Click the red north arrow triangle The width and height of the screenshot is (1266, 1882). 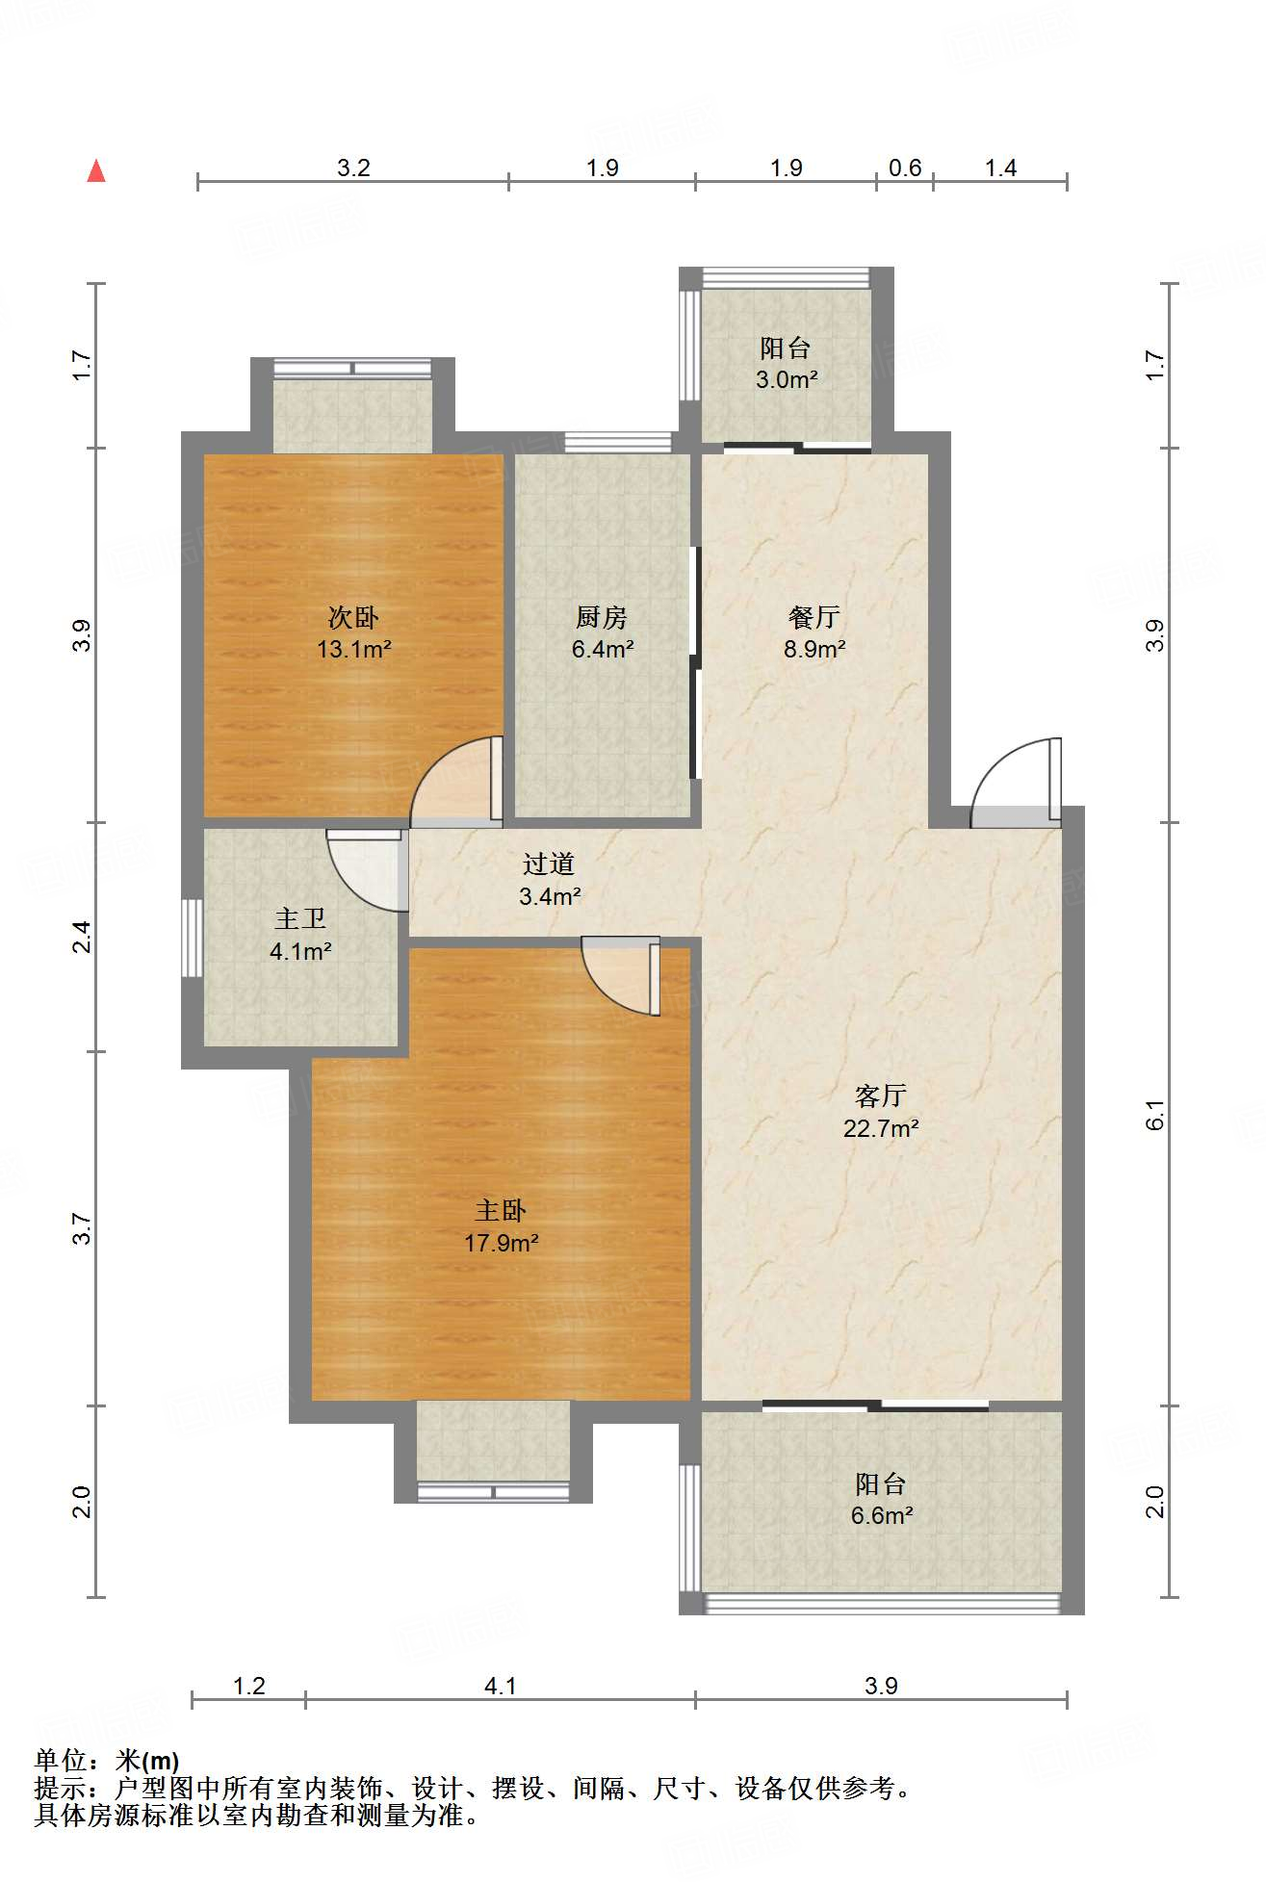click(x=96, y=170)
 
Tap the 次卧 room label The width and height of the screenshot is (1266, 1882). click(x=354, y=617)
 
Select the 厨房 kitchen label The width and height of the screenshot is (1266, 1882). click(x=602, y=617)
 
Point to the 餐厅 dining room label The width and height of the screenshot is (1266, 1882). click(x=814, y=617)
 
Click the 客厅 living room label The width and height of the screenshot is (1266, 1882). click(x=881, y=1096)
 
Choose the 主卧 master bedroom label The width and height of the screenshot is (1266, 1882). click(x=501, y=1210)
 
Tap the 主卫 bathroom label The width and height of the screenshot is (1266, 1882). click(x=300, y=919)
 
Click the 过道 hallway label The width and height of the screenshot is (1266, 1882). click(x=549, y=864)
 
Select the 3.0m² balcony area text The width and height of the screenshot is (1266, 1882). click(x=787, y=379)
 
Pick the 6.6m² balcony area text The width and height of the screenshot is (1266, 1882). click(x=882, y=1515)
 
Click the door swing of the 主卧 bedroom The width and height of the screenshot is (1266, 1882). click(x=621, y=976)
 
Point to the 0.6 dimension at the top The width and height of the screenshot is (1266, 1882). click(x=905, y=168)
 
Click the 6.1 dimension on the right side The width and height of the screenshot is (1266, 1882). click(x=1155, y=1115)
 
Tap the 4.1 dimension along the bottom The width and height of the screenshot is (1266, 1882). click(x=500, y=1686)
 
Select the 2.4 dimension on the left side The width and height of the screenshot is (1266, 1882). click(x=83, y=937)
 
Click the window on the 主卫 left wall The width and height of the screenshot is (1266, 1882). click(x=192, y=939)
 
